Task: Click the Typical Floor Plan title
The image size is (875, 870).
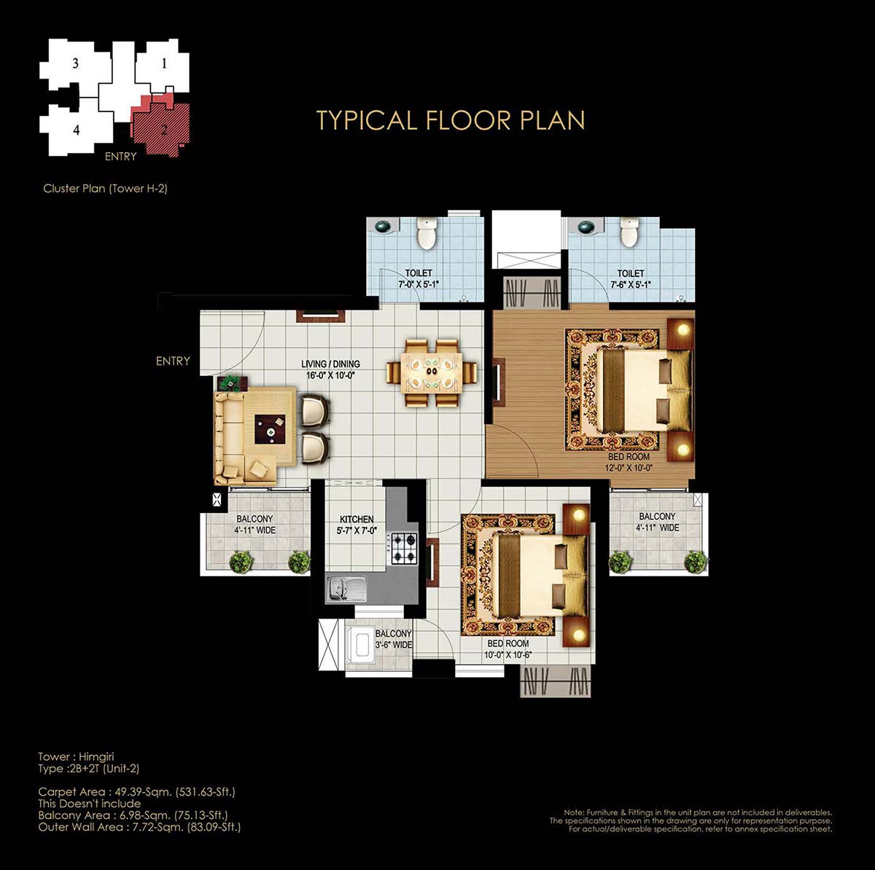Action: [451, 120]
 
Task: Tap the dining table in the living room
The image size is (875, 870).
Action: [432, 372]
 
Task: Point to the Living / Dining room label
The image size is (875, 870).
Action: [330, 369]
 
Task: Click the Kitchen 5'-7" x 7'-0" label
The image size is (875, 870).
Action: [357, 525]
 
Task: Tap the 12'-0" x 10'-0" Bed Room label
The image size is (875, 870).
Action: [629, 462]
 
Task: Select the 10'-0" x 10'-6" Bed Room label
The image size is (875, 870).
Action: [507, 649]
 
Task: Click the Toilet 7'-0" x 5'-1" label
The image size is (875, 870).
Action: [419, 278]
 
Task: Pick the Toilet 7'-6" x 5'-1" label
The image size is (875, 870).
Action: [630, 278]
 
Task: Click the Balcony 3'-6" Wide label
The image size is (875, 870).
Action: [394, 639]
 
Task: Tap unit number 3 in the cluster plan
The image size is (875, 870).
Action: [75, 63]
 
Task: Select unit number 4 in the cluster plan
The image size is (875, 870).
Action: [77, 130]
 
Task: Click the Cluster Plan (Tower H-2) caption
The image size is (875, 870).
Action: [105, 188]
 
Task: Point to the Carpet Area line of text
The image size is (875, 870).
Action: [136, 792]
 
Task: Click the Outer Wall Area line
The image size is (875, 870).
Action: [139, 827]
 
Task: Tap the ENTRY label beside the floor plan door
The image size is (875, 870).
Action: [173, 361]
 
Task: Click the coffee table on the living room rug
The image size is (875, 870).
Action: [271, 429]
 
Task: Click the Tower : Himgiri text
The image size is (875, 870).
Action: [76, 756]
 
